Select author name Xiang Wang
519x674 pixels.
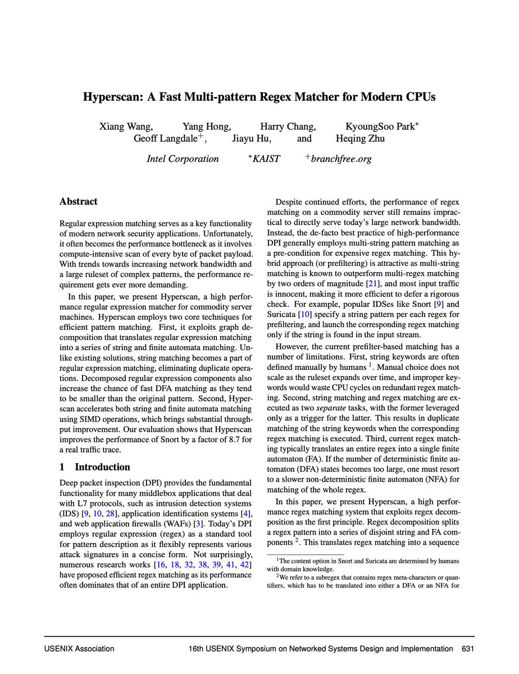point(126,126)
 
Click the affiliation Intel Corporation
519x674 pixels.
point(183,159)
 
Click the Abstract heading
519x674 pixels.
point(78,201)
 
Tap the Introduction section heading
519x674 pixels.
point(102,467)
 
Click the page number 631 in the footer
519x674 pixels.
point(468,649)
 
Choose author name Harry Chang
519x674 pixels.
point(288,126)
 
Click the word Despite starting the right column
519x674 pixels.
point(290,201)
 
